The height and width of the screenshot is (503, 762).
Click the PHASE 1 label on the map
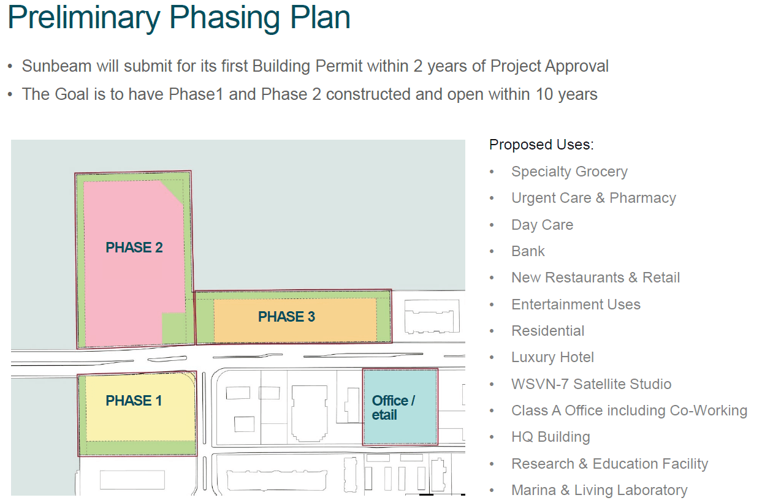(x=134, y=401)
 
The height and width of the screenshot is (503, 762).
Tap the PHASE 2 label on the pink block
(x=134, y=248)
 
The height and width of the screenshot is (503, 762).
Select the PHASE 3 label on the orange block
(x=286, y=317)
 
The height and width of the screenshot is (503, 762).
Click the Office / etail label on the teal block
(x=393, y=407)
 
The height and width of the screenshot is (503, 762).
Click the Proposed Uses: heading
(x=541, y=145)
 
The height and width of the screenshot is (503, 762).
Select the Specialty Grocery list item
(x=569, y=172)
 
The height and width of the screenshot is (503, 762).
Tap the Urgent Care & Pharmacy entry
(x=593, y=199)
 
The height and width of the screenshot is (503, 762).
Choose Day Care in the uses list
(x=542, y=225)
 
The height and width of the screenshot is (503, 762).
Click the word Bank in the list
(x=528, y=251)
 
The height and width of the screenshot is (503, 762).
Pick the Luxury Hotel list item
(x=552, y=357)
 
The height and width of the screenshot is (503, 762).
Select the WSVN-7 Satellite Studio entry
(x=591, y=384)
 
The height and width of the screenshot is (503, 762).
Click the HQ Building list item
(x=551, y=437)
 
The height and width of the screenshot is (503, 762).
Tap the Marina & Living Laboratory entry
(x=599, y=490)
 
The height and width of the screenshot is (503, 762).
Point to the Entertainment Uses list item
(x=576, y=304)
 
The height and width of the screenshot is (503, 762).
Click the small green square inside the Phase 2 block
(x=173, y=328)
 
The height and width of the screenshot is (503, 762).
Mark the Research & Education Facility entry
(x=609, y=464)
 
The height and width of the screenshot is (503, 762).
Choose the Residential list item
(x=547, y=331)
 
